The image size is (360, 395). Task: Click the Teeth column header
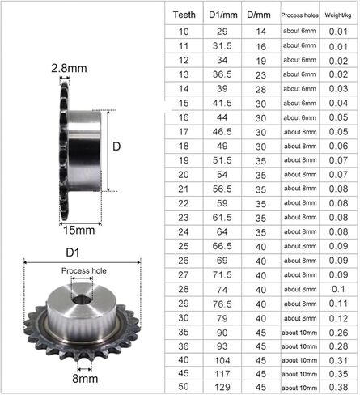tap(186, 15)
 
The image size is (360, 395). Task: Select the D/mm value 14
tap(260, 31)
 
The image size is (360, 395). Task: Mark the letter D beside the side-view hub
tap(116, 147)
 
